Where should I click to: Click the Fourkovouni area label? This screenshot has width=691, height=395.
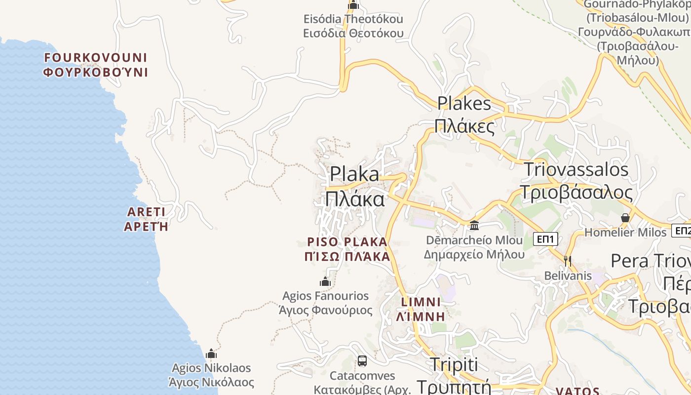96,65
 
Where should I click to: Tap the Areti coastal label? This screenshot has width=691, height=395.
146,219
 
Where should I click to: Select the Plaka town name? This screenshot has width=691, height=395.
354,187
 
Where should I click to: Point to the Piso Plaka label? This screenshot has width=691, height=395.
347,249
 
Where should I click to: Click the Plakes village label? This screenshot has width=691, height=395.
464,115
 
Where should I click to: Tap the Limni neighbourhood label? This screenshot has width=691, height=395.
421,309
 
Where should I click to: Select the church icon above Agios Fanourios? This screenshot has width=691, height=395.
325,282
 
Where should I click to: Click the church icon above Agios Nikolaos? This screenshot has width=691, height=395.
211,354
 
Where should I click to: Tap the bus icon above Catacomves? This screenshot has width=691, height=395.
362,361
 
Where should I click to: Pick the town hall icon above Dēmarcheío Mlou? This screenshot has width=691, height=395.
474,226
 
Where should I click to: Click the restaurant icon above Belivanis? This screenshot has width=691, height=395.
568,260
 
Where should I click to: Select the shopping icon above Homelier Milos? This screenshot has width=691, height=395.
625,218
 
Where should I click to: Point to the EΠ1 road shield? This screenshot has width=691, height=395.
546,239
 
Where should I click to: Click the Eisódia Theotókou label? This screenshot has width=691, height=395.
353,26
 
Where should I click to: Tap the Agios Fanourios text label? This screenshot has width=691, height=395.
325,303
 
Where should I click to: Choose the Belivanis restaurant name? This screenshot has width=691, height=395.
568,276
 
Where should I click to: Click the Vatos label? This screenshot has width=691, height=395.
577,391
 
